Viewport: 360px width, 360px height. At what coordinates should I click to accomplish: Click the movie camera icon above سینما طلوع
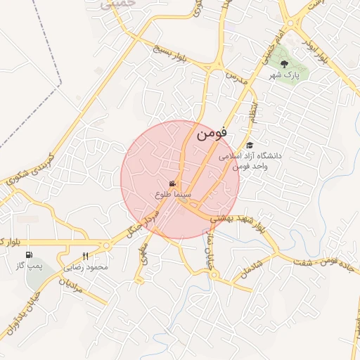[172, 184]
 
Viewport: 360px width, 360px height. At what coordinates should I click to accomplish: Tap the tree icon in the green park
[285, 64]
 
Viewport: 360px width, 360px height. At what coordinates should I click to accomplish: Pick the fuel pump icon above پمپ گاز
[29, 255]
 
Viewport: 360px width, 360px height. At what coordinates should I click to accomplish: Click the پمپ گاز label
[30, 267]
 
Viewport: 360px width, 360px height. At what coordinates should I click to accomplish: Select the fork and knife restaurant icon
[86, 256]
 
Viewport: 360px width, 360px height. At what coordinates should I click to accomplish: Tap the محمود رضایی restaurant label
[86, 267]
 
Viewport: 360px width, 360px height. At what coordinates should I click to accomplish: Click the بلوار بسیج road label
[172, 55]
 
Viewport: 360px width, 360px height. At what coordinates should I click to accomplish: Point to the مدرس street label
[238, 78]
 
